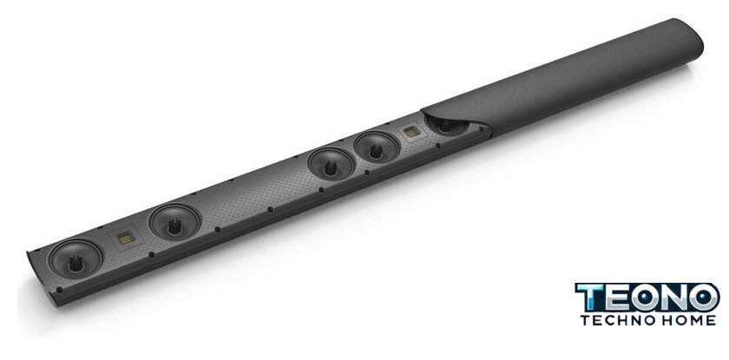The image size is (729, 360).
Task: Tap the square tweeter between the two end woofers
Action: click(126, 239)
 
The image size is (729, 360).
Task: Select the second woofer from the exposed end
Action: click(174, 222)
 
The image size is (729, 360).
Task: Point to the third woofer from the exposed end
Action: click(331, 164)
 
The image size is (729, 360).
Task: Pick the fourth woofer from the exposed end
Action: click(376, 147)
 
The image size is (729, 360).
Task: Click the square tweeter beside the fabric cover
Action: click(412, 132)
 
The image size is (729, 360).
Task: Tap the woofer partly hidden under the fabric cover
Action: click(446, 126)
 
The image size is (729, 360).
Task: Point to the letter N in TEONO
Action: click(674, 298)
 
